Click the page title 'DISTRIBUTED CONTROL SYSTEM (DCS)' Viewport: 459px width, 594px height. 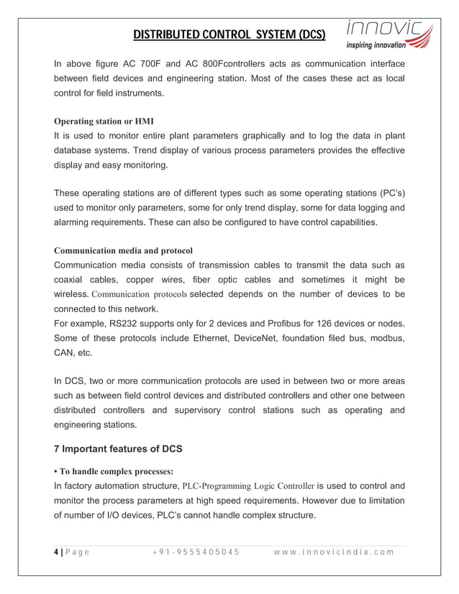point(229,34)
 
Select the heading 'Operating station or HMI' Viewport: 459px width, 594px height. point(104,120)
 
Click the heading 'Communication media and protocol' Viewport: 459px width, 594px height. point(124,250)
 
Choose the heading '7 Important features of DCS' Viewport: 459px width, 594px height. point(119,449)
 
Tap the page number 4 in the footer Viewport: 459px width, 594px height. point(58,552)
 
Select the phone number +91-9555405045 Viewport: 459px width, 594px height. point(196,552)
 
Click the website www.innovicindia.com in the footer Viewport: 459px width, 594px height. point(335,552)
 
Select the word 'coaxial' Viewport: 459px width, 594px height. point(73,280)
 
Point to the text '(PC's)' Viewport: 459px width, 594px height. point(388,193)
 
